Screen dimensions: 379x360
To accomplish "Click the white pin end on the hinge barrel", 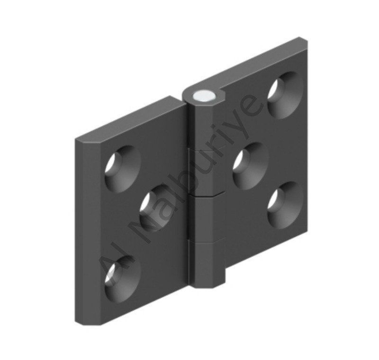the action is pos(205,95).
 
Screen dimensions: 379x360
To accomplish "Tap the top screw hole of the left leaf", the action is pos(123,169).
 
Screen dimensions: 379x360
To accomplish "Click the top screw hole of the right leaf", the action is pos(286,95).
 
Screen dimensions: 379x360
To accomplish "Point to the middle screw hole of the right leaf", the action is pos(251,166).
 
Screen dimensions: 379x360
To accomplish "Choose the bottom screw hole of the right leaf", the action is pos(286,205).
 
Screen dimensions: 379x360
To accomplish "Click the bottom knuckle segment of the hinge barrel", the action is pos(207,263).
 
